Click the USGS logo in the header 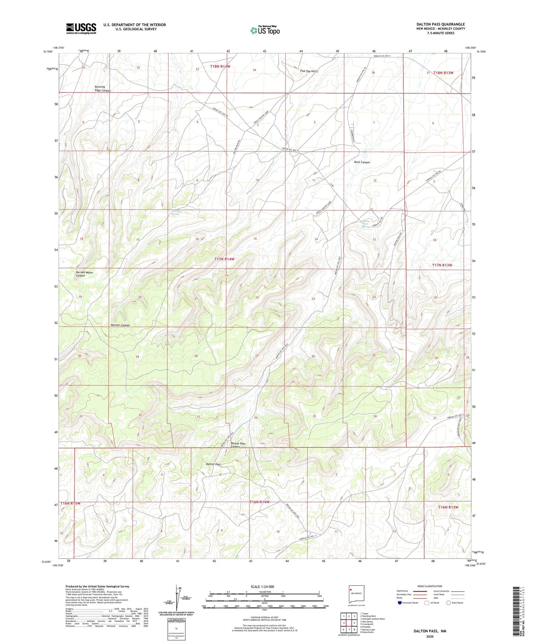tap(81, 28)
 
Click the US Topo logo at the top tap(265, 30)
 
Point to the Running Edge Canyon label tap(103, 89)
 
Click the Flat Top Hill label tap(308, 71)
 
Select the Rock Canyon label tap(362, 162)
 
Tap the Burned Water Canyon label tap(84, 274)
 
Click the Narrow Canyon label tap(120, 325)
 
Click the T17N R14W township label tap(224, 259)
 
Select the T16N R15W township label tap(70, 503)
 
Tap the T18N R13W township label tap(443, 73)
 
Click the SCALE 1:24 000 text tap(262, 586)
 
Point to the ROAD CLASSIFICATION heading tap(430, 586)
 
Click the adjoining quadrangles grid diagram tap(349, 623)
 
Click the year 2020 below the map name tap(430, 636)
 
